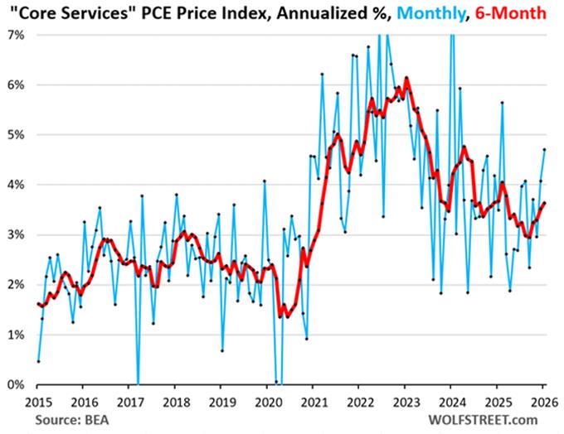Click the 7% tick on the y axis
point(17,35)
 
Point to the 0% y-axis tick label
point(17,384)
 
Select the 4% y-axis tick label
point(17,185)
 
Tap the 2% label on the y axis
point(17,284)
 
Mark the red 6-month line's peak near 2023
point(406,78)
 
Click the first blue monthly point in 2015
point(38,361)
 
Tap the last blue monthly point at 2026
point(544,150)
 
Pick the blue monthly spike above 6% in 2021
point(322,74)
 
